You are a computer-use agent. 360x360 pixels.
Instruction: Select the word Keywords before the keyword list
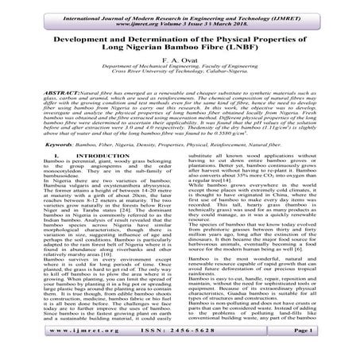pyautogui.click(x=35, y=169)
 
